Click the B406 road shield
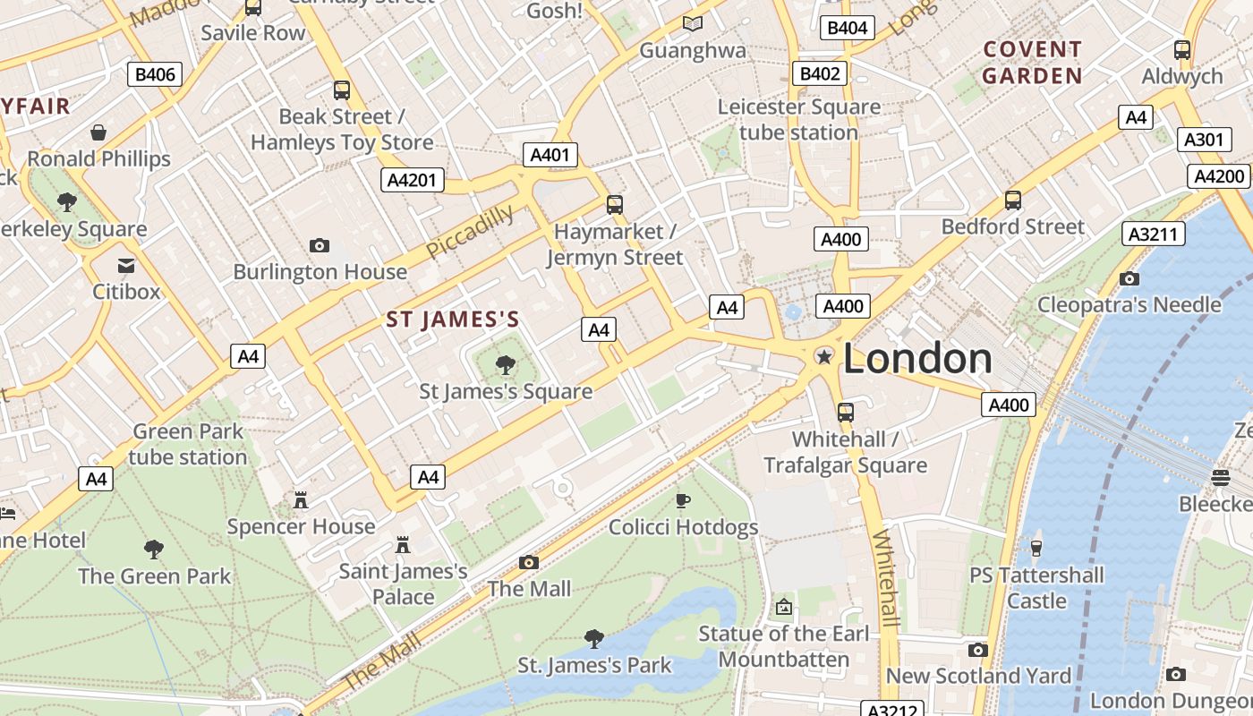coord(155,74)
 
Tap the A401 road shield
coord(550,155)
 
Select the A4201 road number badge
coord(413,181)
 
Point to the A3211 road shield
coord(1154,234)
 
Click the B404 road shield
coord(847,28)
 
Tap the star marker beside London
coord(823,357)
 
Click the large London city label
coord(917,359)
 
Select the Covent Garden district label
coord(1032,63)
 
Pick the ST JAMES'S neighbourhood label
coord(453,320)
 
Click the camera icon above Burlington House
coord(319,245)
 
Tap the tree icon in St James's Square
coord(506,364)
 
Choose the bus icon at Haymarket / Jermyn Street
coord(614,205)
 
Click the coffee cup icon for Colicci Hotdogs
coord(683,500)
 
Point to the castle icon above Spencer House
coord(301,499)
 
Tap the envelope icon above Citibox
coord(126,266)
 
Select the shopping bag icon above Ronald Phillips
coord(98,132)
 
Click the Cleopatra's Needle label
coord(1129,304)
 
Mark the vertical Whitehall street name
coord(885,577)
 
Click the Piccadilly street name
coord(470,232)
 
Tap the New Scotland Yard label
coord(978,676)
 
